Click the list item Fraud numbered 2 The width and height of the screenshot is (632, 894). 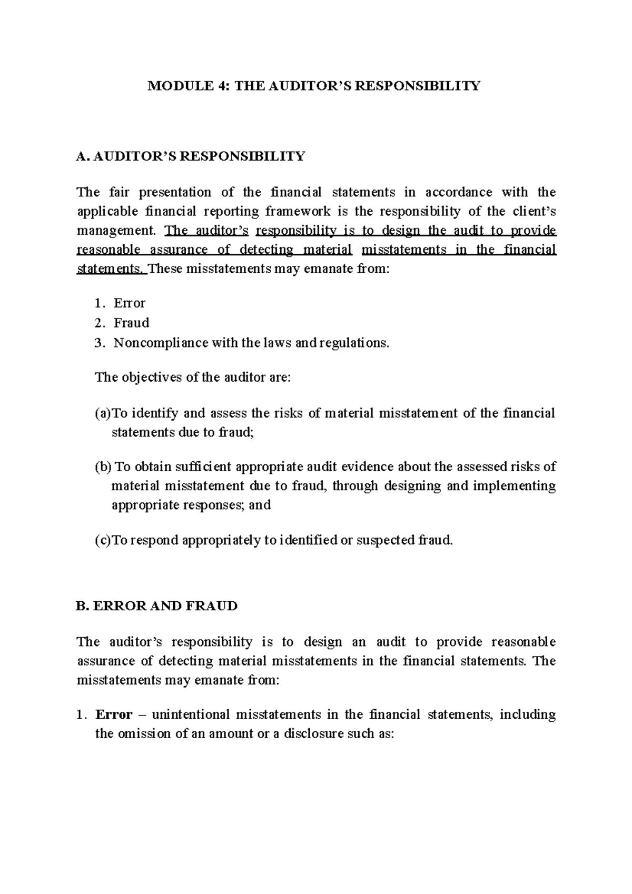[131, 323]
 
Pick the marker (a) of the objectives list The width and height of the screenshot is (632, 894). [103, 413]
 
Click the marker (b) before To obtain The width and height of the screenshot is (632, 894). [103, 467]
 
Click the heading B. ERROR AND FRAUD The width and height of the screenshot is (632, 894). [156, 606]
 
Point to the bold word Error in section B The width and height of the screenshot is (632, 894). [113, 714]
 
